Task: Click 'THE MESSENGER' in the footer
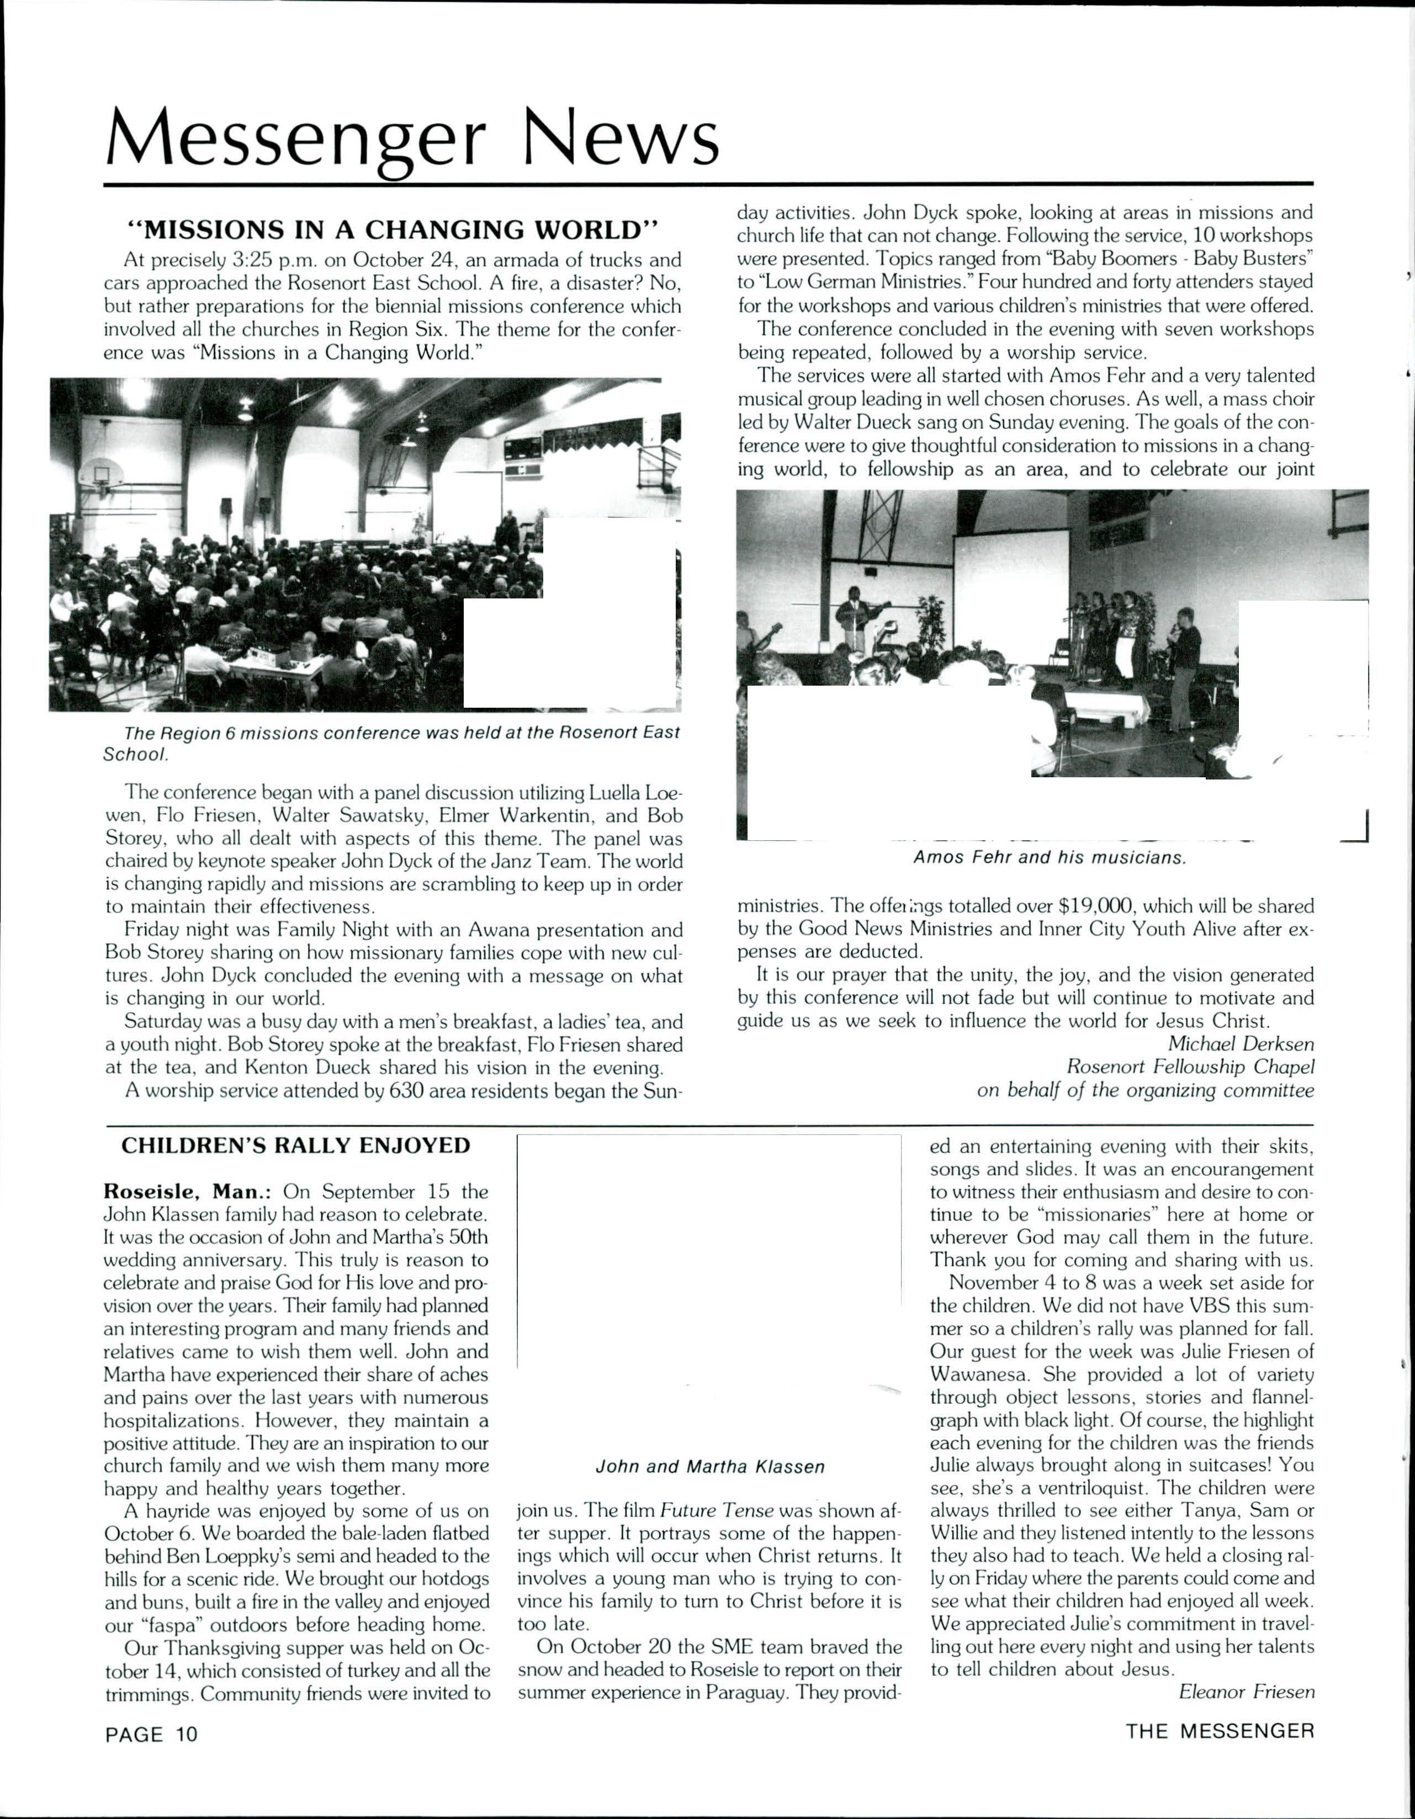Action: click(x=1219, y=1732)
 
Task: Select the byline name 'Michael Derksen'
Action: click(x=1240, y=1043)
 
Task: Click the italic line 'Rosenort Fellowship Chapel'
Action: click(x=1190, y=1067)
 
